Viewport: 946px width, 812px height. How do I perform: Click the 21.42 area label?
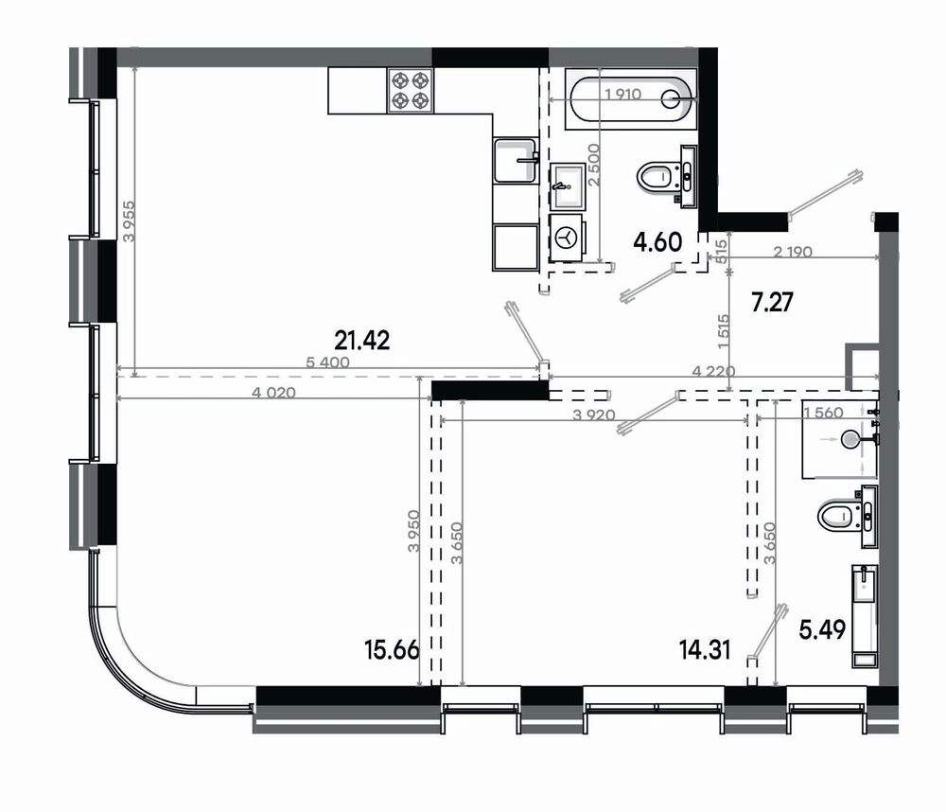(x=362, y=341)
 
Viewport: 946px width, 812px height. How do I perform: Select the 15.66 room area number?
(x=392, y=650)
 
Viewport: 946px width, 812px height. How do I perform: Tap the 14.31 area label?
(x=705, y=650)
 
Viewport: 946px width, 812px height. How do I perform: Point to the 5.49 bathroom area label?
(x=822, y=629)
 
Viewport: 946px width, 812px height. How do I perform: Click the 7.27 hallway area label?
(x=772, y=302)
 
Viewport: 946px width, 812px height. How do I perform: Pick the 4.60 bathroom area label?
(x=657, y=242)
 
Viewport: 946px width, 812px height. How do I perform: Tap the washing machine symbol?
(x=567, y=238)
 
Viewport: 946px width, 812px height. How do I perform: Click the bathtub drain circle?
(x=671, y=98)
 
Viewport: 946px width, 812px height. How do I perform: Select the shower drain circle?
(x=850, y=439)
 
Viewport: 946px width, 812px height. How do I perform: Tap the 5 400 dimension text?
(x=327, y=362)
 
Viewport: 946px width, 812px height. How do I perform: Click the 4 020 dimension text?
(x=274, y=393)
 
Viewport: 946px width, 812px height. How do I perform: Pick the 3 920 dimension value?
(x=594, y=415)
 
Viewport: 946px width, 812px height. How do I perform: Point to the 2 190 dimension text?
(x=793, y=251)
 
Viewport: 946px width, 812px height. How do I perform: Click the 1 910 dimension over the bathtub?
(x=622, y=95)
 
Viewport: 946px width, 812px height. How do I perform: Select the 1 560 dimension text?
(x=824, y=413)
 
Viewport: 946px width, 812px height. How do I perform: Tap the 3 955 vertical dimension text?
(x=129, y=221)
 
